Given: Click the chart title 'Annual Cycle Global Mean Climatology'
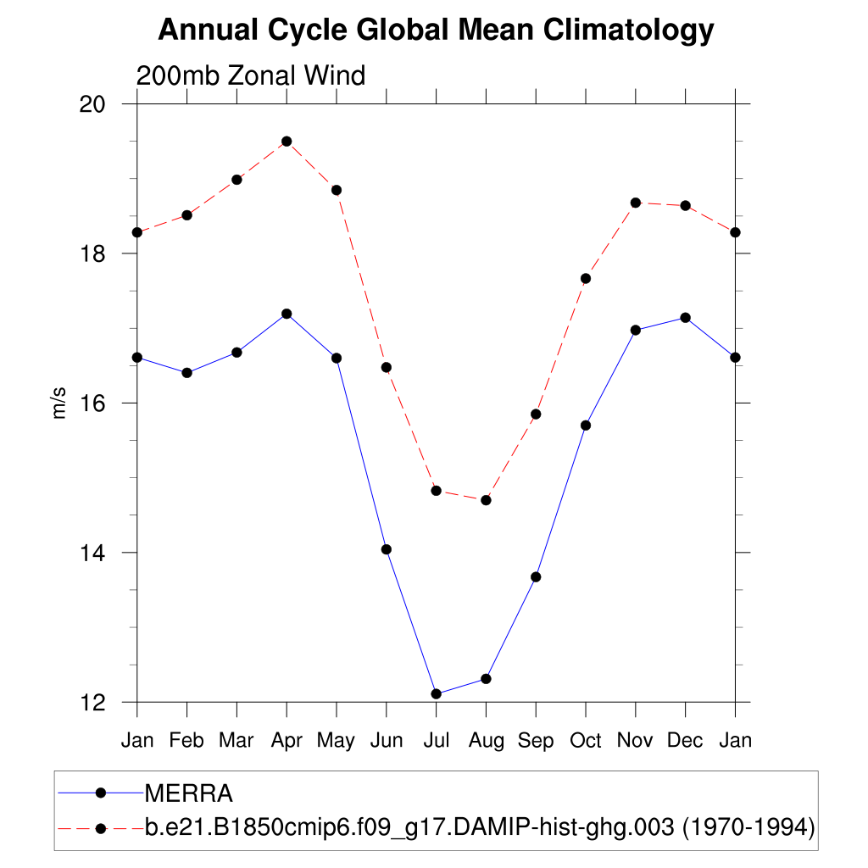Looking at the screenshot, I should pos(436,31).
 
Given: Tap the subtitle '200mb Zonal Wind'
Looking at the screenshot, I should pos(251,75).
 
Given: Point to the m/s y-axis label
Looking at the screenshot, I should pos(58,403).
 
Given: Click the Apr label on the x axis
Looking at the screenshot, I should pos(287,741).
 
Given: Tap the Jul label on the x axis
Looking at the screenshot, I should pos(436,741).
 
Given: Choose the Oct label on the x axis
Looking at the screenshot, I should pos(586,741).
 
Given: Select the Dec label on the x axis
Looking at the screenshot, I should pos(685,741).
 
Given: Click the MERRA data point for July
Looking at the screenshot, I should pos(436,694).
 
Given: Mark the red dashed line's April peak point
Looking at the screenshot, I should pos(287,142).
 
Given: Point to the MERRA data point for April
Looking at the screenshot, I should pos(287,314).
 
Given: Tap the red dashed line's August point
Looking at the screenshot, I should pos(486,500).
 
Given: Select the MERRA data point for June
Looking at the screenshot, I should pos(387,549).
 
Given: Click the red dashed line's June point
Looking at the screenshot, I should pos(387,367).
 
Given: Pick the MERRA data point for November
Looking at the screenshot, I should pos(636,330).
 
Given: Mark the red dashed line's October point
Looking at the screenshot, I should pos(586,278).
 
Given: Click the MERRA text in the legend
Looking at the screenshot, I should pos(189,793).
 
